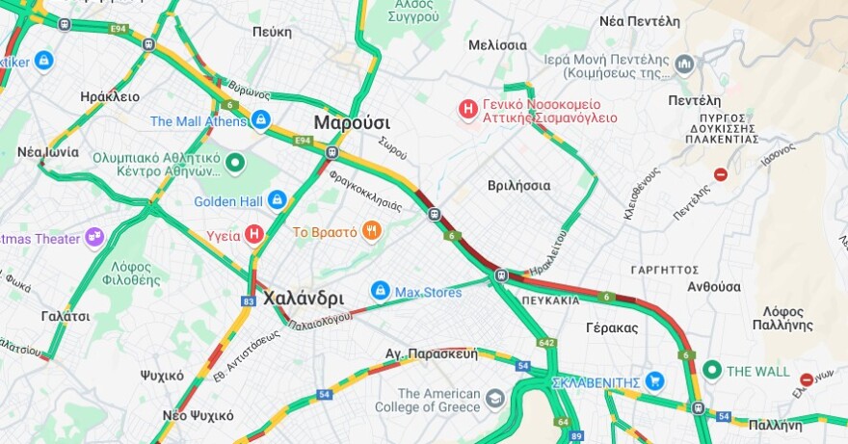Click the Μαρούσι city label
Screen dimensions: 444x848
352,122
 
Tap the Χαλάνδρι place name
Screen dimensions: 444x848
304,298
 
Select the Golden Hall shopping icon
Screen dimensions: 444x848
278,200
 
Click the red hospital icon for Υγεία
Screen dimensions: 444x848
254,233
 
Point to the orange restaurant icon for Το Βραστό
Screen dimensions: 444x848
370,231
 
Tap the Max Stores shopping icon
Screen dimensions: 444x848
381,290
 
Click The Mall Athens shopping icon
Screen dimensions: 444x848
260,120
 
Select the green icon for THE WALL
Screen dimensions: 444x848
712,370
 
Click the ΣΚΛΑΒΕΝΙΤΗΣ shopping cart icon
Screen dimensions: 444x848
655,381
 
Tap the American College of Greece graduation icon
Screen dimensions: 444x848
495,399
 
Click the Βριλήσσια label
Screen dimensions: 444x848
518,185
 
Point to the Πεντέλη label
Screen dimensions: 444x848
694,100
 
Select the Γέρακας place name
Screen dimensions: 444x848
612,327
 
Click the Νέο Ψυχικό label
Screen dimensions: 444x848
198,415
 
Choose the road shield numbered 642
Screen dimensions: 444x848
547,343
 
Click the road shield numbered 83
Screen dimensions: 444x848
249,301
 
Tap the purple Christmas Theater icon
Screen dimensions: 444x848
93,236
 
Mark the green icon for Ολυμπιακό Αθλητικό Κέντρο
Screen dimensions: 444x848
235,165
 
